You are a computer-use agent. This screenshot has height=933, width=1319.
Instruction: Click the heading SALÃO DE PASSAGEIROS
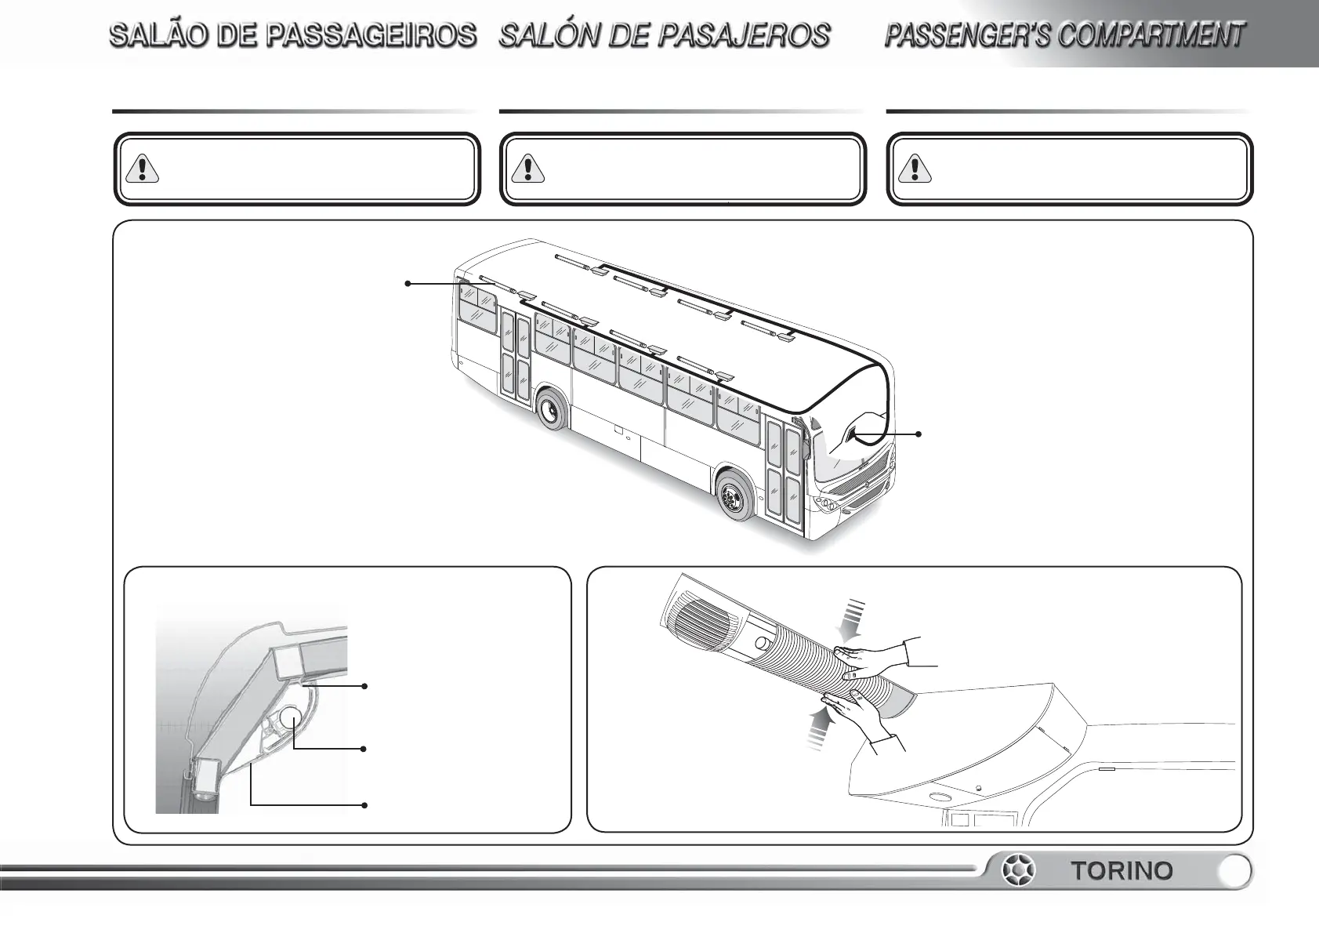pyautogui.click(x=293, y=36)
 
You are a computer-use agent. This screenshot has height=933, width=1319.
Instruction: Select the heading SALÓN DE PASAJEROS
pyautogui.click(x=665, y=36)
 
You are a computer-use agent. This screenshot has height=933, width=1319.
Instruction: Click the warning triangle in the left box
pyautogui.click(x=142, y=169)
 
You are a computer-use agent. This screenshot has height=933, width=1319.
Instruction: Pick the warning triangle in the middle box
pyautogui.click(x=528, y=169)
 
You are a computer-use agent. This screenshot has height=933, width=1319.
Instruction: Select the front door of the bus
pyautogui.click(x=784, y=470)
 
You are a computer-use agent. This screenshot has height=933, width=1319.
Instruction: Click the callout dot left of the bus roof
pyautogui.click(x=408, y=283)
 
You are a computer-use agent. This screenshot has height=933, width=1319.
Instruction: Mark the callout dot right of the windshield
pyautogui.click(x=919, y=434)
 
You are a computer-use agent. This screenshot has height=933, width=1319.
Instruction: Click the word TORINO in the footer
pyautogui.click(x=1122, y=871)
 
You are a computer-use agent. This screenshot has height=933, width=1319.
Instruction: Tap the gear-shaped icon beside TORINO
pyautogui.click(x=1019, y=871)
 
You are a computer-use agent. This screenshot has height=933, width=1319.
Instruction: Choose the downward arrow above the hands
pyautogui.click(x=853, y=619)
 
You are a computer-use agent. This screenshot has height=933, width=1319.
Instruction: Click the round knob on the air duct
pyautogui.click(x=762, y=644)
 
